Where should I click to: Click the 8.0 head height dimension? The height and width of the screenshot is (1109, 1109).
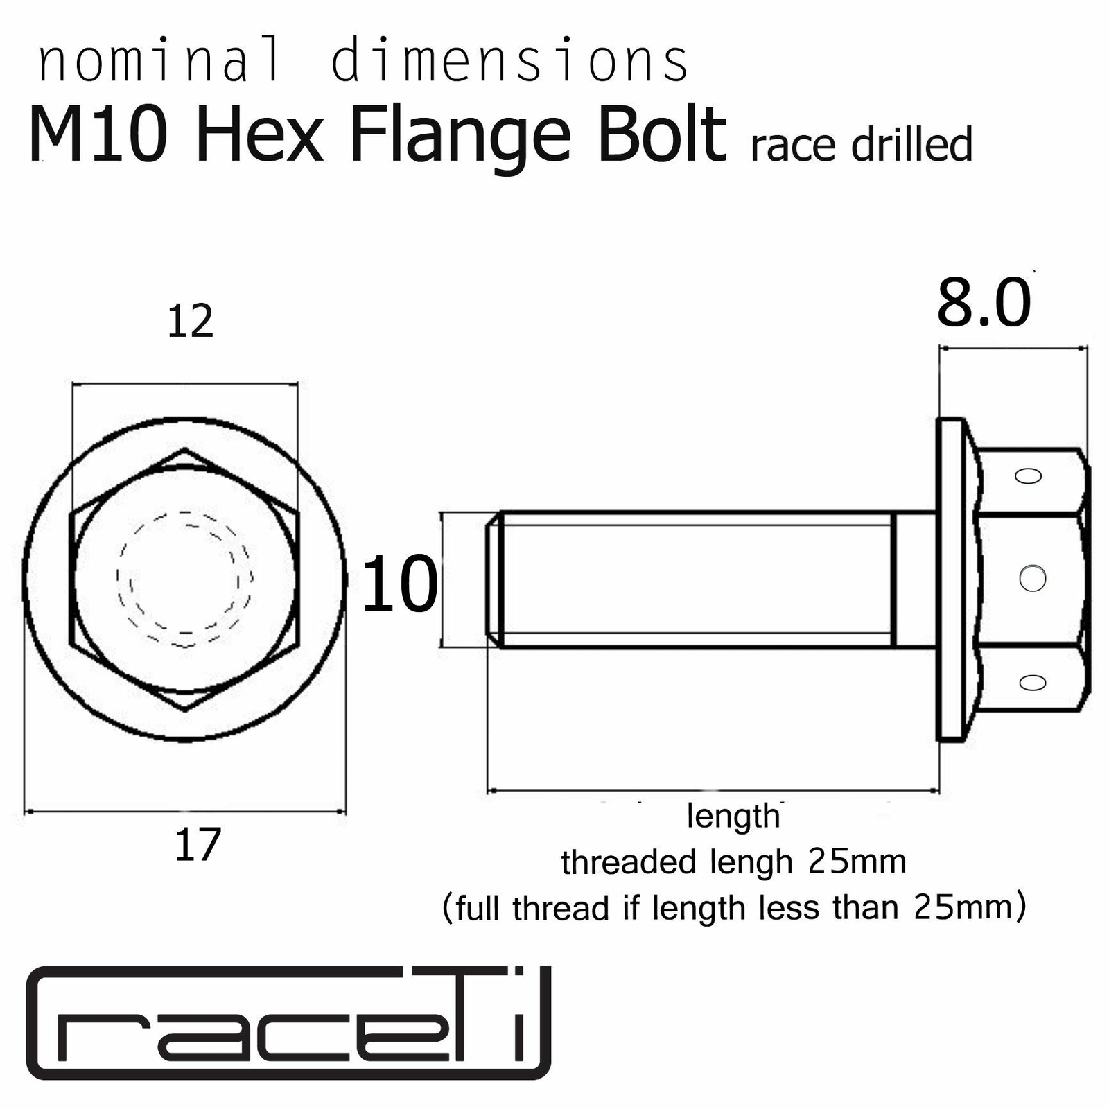[984, 304]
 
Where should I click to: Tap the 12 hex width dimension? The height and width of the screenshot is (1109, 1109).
[190, 322]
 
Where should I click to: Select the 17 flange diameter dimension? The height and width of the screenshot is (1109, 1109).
[198, 845]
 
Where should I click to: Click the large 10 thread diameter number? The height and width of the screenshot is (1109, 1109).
[400, 584]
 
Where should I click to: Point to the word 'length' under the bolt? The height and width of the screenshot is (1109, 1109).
[733, 816]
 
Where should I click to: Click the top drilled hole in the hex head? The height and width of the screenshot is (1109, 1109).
[1028, 476]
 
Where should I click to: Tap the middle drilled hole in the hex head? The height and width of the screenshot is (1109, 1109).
[1032, 578]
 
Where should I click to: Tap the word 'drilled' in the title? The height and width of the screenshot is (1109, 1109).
[911, 146]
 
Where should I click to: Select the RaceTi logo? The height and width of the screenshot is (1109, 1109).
[288, 1022]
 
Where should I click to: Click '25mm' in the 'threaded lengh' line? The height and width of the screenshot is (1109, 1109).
[857, 862]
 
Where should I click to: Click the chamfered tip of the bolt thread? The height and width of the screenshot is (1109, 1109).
[493, 579]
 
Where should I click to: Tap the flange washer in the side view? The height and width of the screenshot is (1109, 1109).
[950, 579]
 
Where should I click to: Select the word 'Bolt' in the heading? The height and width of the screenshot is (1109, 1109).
[662, 136]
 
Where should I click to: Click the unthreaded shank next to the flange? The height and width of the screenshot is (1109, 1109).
[916, 579]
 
